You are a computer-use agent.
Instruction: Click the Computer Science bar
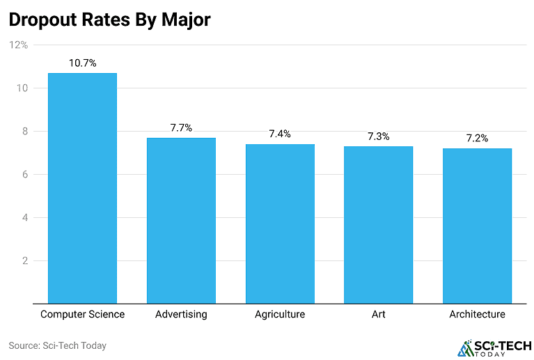point(82,188)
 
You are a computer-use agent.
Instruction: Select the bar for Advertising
point(181,220)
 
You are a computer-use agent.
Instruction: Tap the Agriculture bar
point(280,224)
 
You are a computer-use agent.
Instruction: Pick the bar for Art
point(378,224)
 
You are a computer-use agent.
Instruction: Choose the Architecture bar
point(477,226)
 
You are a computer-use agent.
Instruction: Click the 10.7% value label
point(82,63)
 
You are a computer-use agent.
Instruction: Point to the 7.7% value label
point(181,128)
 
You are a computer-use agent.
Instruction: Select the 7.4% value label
point(280,134)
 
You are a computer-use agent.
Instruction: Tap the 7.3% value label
point(378,136)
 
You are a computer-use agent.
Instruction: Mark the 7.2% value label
point(477,139)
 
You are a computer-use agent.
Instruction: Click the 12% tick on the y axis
point(18,45)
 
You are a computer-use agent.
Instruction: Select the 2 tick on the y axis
point(24,261)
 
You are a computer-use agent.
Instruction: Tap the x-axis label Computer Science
point(82,314)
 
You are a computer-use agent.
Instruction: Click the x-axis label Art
point(378,314)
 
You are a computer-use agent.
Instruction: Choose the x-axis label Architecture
point(477,314)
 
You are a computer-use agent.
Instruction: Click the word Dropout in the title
point(44,19)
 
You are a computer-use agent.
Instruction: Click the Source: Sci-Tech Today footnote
point(57,345)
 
